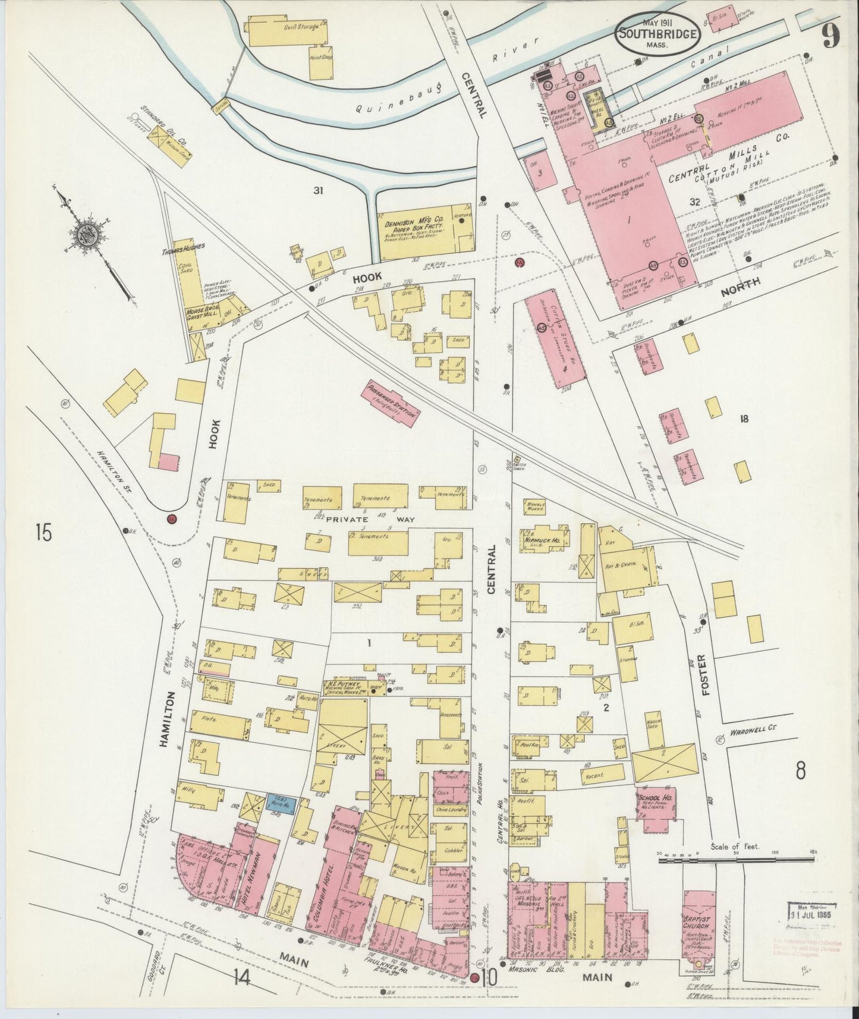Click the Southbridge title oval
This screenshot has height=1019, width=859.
pos(657,34)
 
